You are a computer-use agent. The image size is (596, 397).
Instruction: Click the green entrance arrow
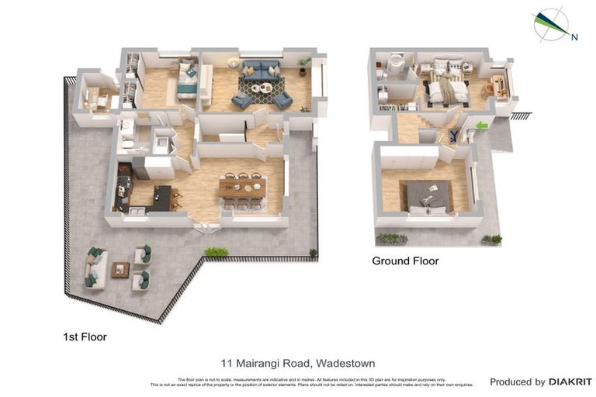click(482, 126)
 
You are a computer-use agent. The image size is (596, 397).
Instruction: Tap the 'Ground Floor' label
click(405, 261)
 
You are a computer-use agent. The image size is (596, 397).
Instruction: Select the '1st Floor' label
click(85, 337)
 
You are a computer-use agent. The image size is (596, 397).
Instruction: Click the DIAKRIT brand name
click(570, 381)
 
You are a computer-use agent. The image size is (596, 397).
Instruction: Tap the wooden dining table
click(242, 187)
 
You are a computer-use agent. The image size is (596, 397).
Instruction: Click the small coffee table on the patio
click(120, 269)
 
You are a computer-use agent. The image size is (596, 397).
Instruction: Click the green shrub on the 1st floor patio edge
click(217, 251)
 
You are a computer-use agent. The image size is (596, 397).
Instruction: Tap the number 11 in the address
click(227, 363)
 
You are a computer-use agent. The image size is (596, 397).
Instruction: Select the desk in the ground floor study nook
click(500, 85)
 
